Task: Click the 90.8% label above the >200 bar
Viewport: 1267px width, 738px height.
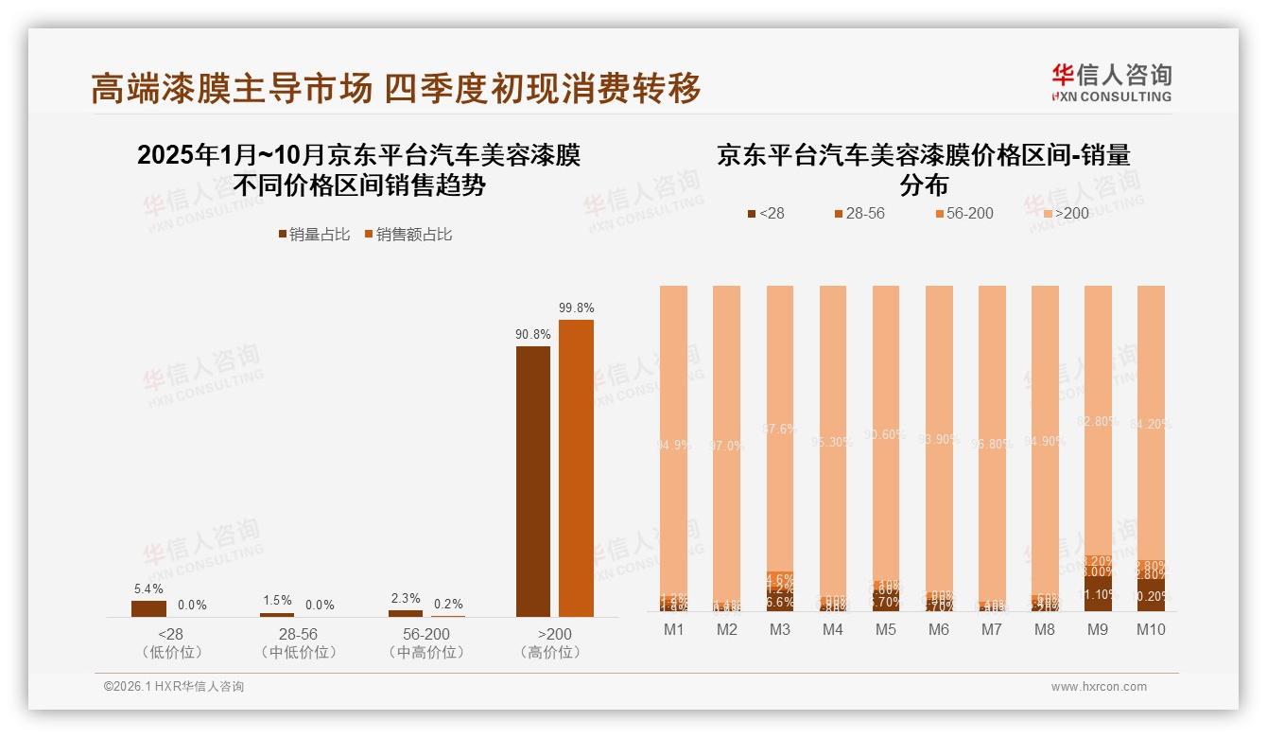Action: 533,334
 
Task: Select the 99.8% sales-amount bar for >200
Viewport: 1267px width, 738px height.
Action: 576,468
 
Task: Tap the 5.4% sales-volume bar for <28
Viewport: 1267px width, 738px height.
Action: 148,608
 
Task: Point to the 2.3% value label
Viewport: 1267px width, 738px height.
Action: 405,598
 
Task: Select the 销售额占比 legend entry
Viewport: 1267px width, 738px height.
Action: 408,234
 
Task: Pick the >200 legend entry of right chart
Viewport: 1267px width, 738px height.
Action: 1066,213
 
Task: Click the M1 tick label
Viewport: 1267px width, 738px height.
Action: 673,630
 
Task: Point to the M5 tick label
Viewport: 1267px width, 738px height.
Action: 886,630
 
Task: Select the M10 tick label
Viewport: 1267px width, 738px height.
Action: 1151,630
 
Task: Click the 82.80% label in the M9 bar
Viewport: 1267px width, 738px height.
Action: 1097,421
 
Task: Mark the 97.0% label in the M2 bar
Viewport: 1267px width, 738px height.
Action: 726,446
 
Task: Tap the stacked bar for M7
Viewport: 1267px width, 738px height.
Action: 992,445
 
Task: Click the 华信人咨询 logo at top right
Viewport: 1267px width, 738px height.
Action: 1111,82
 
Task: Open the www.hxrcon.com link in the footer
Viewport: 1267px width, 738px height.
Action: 1099,687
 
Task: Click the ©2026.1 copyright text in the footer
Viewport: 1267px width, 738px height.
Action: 174,687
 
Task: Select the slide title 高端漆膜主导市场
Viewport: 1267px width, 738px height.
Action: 233,89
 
